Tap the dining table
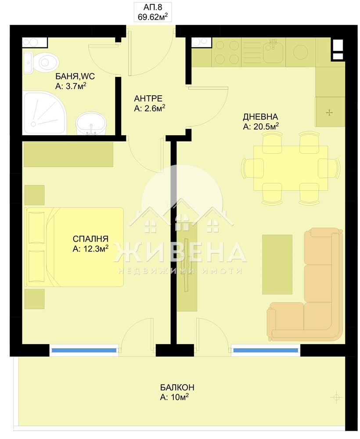[291, 168]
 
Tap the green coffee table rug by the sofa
[277, 264]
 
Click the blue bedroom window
[84, 350]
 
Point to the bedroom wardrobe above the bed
[68, 154]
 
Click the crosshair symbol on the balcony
[336, 398]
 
